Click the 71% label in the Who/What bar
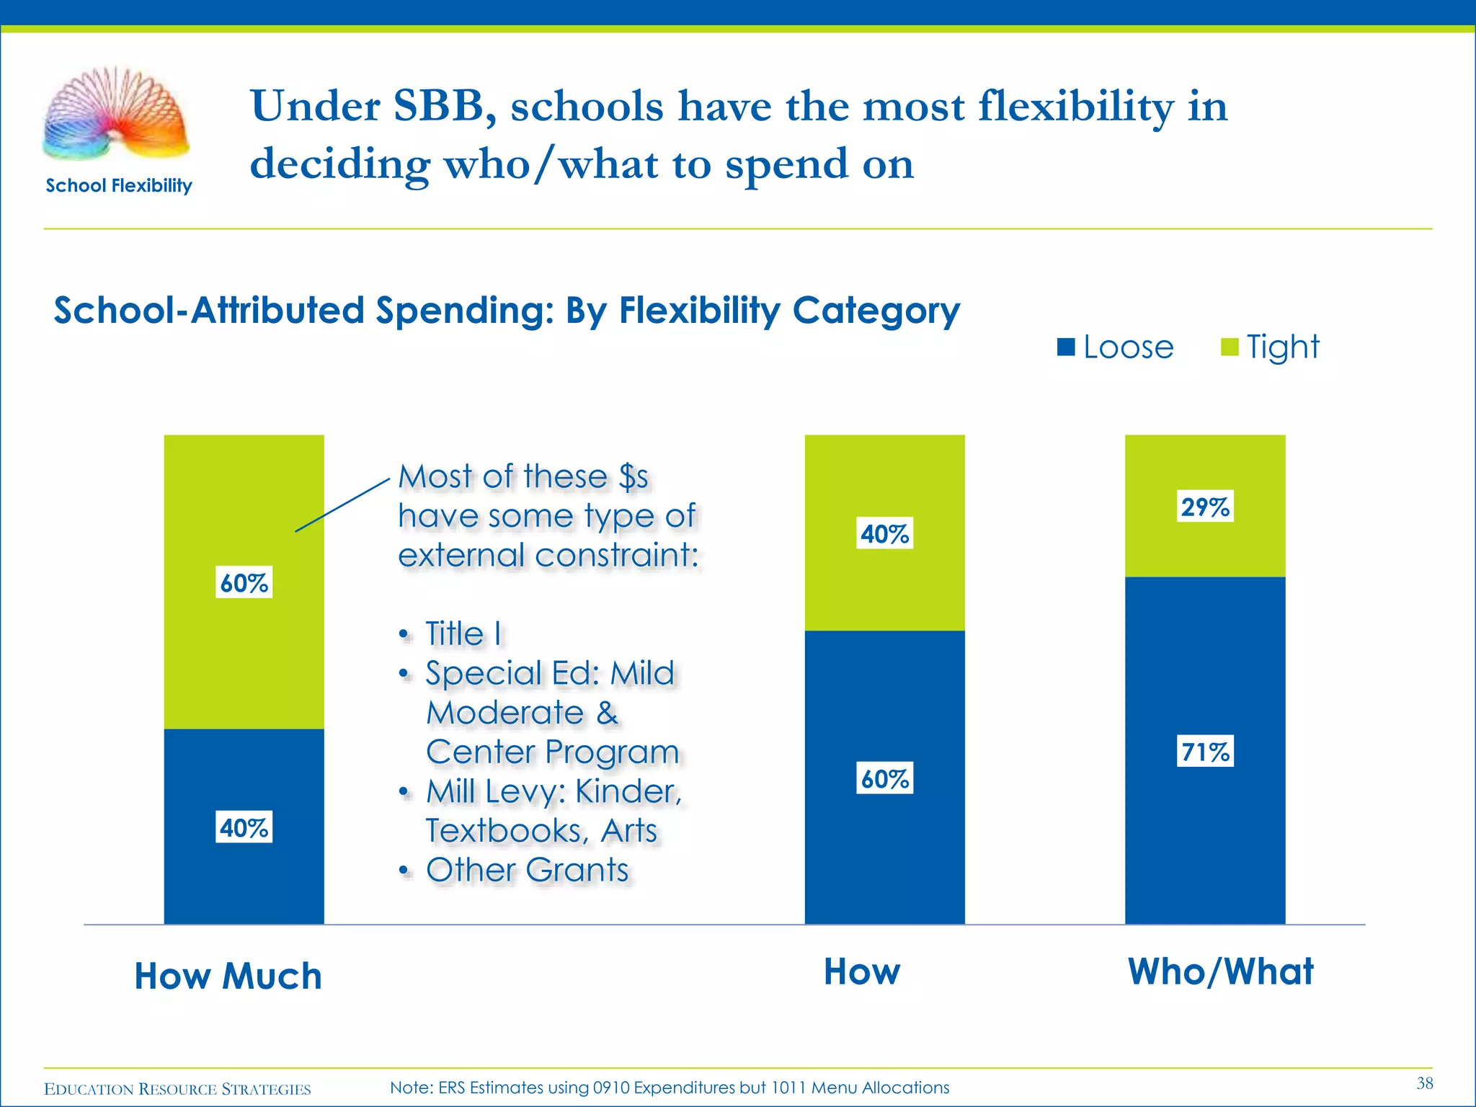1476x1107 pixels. tap(1205, 752)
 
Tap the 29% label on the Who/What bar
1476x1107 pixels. tap(1205, 507)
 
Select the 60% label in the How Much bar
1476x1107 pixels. tap(244, 582)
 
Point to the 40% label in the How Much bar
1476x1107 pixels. tap(244, 827)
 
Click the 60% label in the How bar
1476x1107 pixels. tap(884, 778)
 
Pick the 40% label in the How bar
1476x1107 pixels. tap(884, 533)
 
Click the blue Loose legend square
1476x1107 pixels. tap(1066, 347)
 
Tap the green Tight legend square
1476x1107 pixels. tap(1229, 347)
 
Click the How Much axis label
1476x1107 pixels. tap(228, 976)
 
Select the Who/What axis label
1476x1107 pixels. tap(1220, 972)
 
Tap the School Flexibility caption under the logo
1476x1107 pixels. tap(119, 186)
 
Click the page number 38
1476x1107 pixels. tap(1424, 1083)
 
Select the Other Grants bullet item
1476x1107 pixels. tap(527, 870)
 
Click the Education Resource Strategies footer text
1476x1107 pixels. tap(177, 1089)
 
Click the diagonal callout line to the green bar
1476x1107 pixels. tap(342, 505)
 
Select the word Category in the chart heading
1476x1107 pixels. tap(876, 311)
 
